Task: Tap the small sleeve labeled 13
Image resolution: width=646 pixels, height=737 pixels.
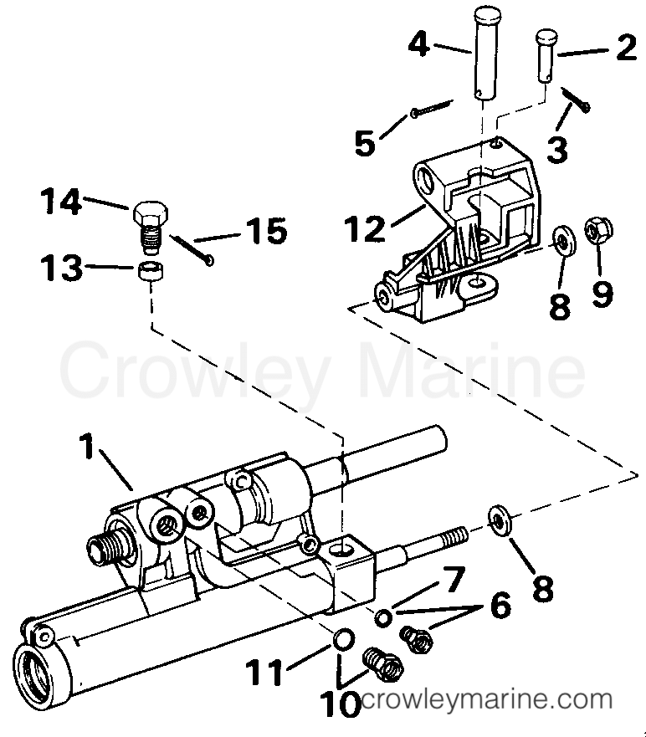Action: click(149, 272)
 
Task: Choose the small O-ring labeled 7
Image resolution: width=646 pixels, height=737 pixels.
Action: click(382, 618)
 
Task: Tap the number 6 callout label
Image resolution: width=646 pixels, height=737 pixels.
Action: click(500, 606)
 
